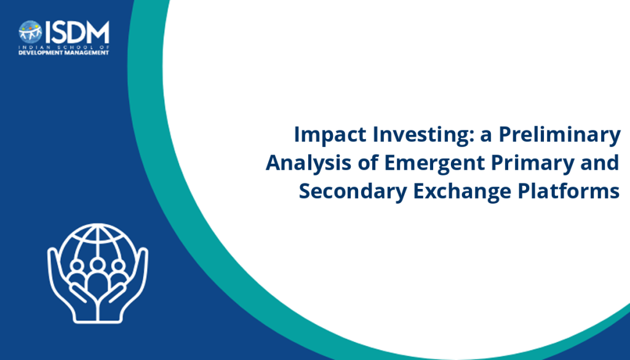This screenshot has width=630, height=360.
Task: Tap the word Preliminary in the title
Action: (560, 135)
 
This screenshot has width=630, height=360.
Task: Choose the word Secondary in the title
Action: (353, 191)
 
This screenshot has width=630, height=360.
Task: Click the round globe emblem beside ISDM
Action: (30, 32)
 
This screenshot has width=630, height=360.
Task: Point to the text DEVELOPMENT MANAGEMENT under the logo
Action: (64, 53)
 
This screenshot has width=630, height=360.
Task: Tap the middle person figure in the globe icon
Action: (97, 278)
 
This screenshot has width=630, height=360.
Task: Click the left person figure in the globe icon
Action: (77, 273)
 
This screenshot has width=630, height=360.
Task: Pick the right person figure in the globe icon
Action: (118, 273)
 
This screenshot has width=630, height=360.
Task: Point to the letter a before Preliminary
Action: (486, 137)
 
